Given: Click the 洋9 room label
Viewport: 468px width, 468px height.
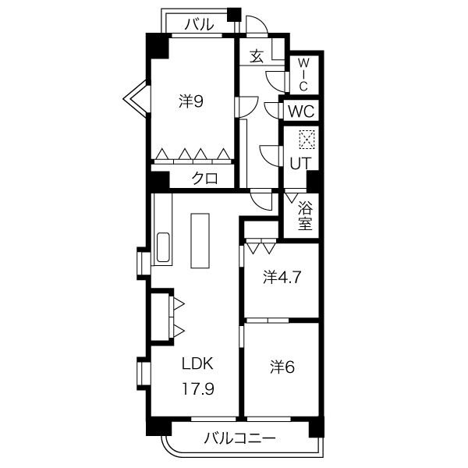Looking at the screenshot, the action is pos(191,101).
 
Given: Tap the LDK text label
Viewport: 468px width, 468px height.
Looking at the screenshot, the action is pos(197,363).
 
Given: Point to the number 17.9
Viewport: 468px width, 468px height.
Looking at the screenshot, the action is pos(198,388).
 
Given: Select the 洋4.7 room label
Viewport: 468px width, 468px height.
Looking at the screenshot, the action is pos(282,277).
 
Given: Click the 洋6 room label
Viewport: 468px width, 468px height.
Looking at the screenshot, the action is pos(282,367).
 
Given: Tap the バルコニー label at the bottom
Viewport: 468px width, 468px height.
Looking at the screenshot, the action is pos(239,438).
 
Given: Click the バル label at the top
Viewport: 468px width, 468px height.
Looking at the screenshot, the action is pos(200,24).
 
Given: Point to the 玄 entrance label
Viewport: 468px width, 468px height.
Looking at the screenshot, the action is pos(257,56).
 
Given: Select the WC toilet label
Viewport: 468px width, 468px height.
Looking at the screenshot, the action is pos(301,112).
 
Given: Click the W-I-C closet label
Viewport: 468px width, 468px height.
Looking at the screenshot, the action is pos(303,75).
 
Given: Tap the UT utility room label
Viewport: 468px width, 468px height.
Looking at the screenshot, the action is pos(300,163).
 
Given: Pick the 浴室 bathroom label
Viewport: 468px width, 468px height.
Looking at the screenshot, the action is pos(305,215).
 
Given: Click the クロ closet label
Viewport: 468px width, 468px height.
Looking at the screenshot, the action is pos(204,179).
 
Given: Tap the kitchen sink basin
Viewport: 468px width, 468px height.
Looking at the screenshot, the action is pos(163,247).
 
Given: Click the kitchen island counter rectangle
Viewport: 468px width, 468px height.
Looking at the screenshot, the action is pos(200,240).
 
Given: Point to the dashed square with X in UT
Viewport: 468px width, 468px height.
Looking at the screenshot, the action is pos(307,140).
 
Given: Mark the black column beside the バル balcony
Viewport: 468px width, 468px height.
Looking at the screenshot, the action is pos(234,14).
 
